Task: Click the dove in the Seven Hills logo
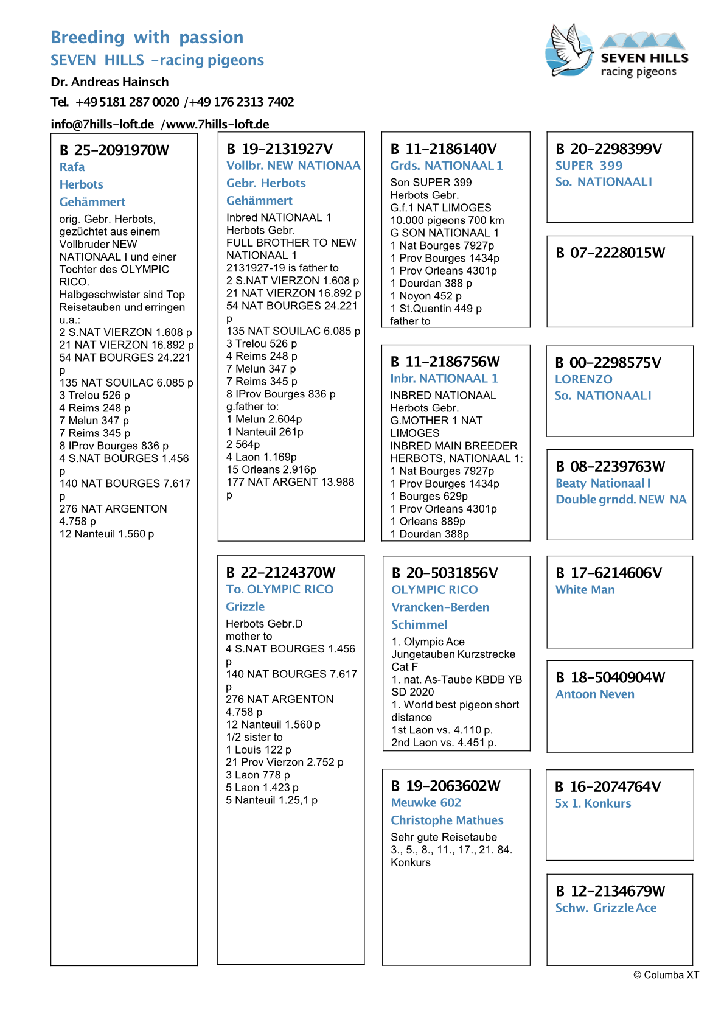571,50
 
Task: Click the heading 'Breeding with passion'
147,38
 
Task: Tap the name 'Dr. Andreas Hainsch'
110,82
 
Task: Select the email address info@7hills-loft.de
102,124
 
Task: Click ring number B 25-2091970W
114,150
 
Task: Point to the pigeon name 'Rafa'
72,167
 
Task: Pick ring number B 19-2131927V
280,149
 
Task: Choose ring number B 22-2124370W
280,573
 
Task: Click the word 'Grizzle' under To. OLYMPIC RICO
245,607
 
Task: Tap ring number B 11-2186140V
444,149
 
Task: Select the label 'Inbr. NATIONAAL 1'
444,379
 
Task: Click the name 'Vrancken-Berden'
440,607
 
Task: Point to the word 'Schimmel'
419,625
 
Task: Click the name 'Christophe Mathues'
447,820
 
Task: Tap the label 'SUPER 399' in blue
589,166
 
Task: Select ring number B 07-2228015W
610,253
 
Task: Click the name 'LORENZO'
583,379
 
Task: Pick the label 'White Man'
585,590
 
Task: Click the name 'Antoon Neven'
595,694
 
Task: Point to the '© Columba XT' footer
666,975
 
